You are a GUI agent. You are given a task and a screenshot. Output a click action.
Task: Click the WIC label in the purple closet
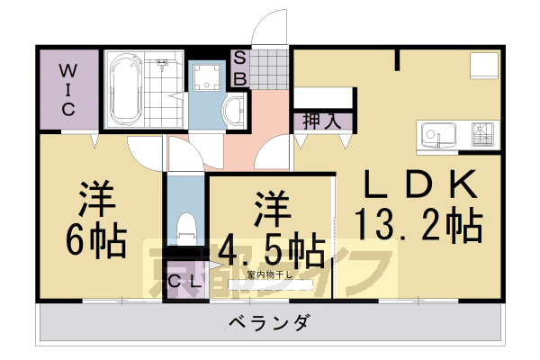(x=69, y=89)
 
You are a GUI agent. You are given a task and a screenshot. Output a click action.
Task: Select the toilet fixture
(x=186, y=226)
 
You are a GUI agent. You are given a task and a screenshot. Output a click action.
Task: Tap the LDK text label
(x=419, y=184)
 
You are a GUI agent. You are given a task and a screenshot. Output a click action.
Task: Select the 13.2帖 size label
(x=419, y=225)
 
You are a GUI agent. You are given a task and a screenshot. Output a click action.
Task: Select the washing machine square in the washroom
(x=207, y=79)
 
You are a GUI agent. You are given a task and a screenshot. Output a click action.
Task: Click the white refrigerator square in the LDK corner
(x=483, y=67)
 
